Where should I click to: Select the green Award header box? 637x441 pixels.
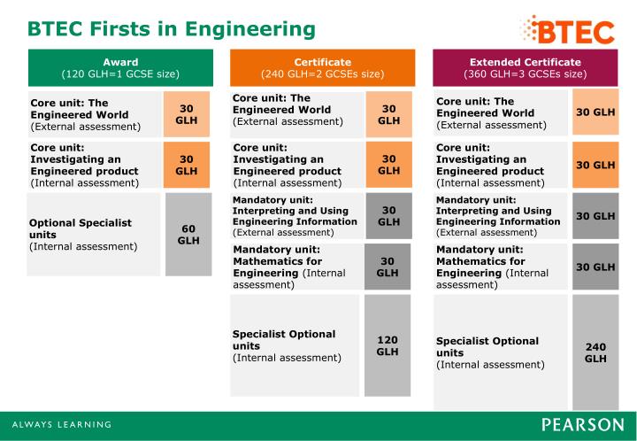click(x=120, y=67)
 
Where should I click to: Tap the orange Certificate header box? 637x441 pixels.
click(x=322, y=67)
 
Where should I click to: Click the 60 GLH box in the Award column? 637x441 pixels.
click(x=188, y=234)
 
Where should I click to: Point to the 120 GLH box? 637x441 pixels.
click(x=388, y=345)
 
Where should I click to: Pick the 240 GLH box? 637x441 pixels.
click(x=595, y=352)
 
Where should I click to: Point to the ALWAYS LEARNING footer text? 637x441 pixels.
click(x=61, y=424)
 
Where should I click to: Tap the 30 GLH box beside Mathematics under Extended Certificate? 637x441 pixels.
click(x=595, y=267)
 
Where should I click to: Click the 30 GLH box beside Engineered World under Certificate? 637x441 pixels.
click(x=388, y=113)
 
